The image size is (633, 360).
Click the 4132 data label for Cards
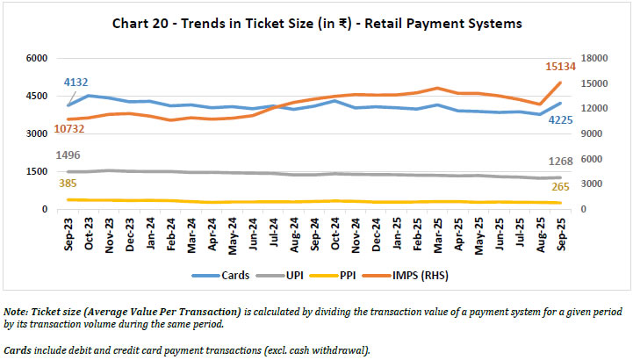pyautogui.click(x=76, y=83)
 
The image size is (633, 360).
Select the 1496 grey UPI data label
pyautogui.click(x=68, y=155)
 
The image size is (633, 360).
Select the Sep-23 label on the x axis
pyautogui.click(x=68, y=234)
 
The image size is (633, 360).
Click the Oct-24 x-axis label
pyautogui.click(x=311, y=234)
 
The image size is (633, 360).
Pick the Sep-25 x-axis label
pyautogui.click(x=555, y=234)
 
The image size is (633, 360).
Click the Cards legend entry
pyautogui.click(x=228, y=275)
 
